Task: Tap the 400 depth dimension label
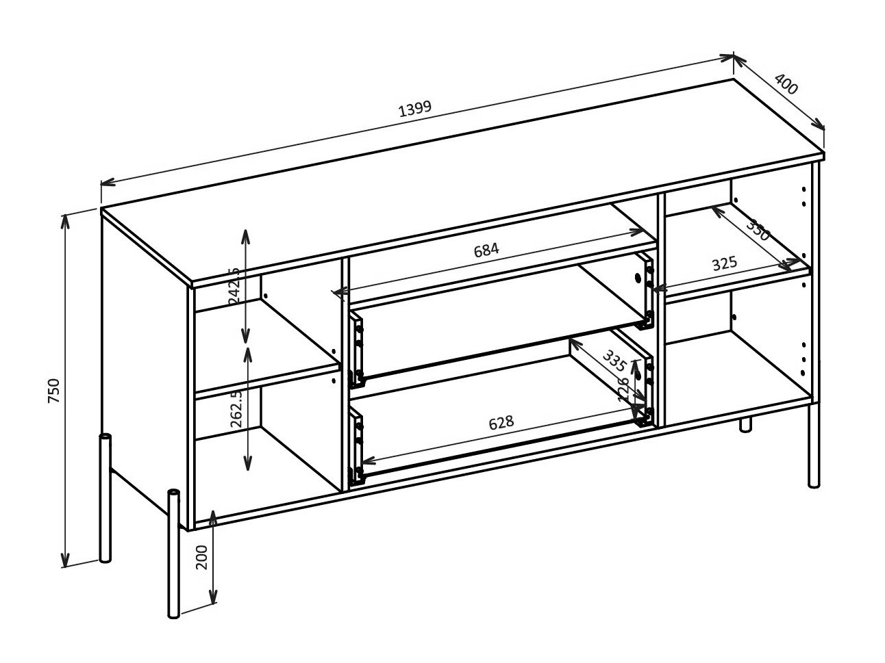pyautogui.click(x=787, y=84)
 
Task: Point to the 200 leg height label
pyautogui.click(x=201, y=557)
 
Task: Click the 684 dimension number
pyautogui.click(x=486, y=250)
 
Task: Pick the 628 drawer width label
pyautogui.click(x=501, y=422)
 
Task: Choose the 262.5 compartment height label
pyautogui.click(x=236, y=408)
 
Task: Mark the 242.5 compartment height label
pyautogui.click(x=234, y=285)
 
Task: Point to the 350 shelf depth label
pyautogui.click(x=758, y=230)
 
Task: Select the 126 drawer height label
pyautogui.click(x=624, y=390)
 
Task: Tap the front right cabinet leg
pyautogui.click(x=814, y=445)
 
